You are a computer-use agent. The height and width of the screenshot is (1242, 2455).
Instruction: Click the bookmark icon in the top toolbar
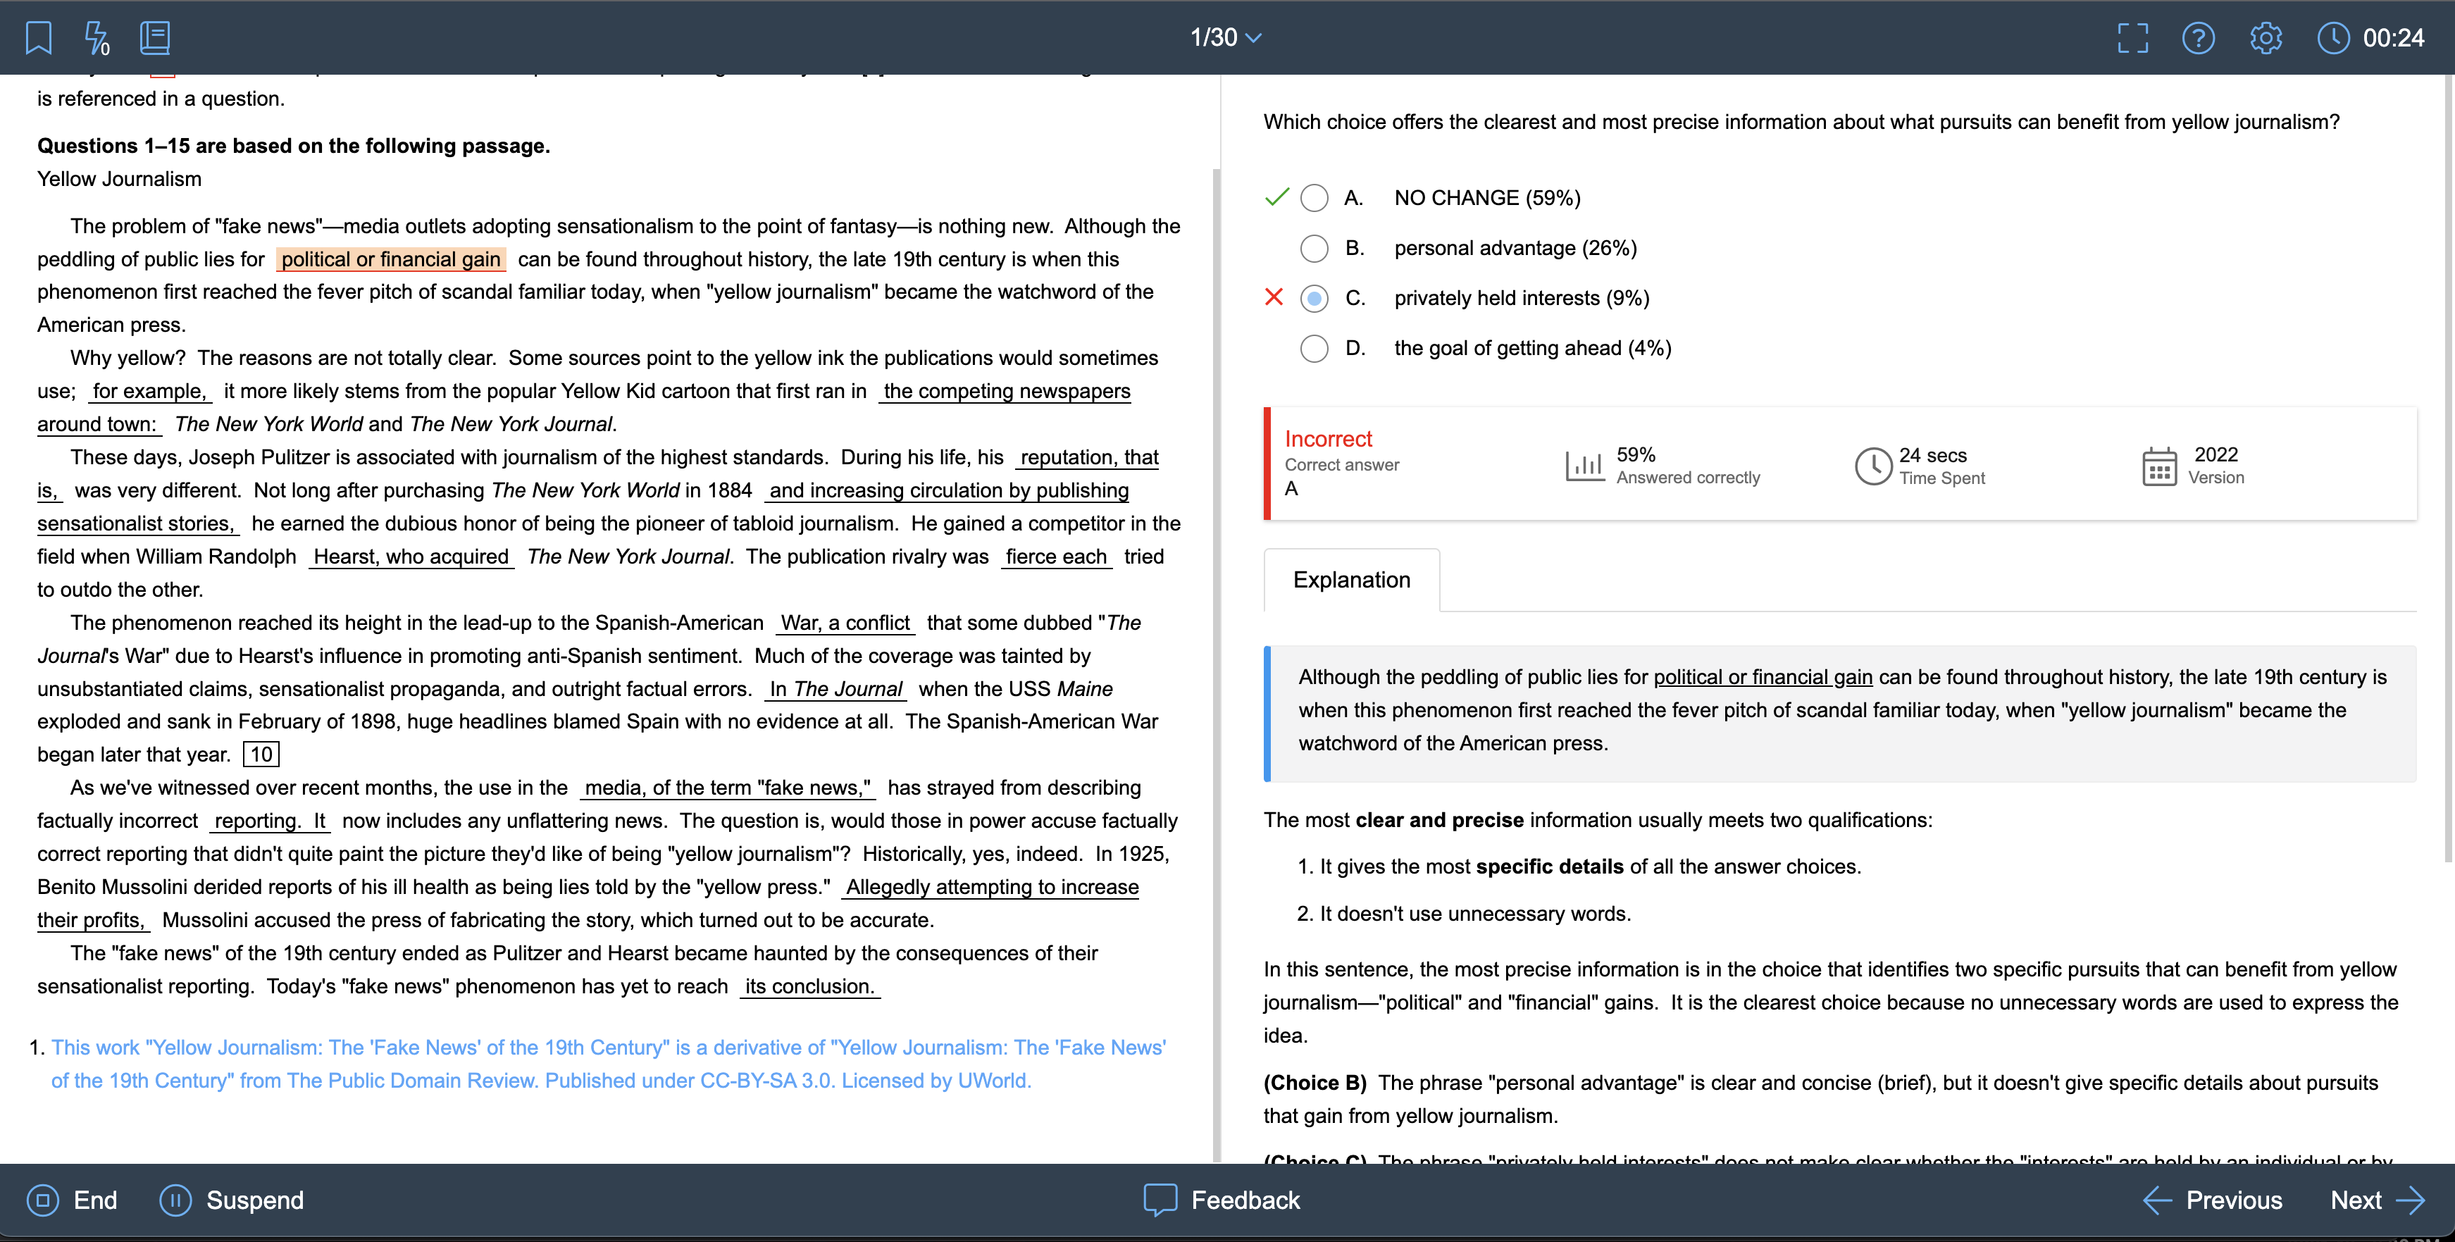click(38, 38)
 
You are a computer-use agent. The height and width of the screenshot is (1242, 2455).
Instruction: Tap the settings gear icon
click(2266, 38)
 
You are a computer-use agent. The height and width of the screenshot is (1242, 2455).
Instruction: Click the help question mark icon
click(2198, 38)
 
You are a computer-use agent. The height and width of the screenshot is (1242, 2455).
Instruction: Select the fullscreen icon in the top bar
click(2132, 38)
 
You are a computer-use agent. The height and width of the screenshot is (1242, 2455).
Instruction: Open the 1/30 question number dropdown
click(1226, 38)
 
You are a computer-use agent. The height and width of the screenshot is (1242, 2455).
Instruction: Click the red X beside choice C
click(1273, 297)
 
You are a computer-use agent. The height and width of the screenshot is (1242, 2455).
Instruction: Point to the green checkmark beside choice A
click(1276, 197)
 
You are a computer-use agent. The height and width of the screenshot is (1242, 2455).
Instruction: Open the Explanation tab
click(1350, 580)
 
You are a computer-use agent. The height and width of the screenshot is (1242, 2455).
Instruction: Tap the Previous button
click(2213, 1200)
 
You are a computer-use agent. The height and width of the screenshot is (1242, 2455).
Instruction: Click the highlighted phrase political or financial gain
click(391, 259)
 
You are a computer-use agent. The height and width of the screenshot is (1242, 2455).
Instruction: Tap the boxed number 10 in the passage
click(261, 755)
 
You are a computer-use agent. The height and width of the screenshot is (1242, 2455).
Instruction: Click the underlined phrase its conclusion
click(809, 986)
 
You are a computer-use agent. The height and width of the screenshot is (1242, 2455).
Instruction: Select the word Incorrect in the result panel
click(1328, 440)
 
